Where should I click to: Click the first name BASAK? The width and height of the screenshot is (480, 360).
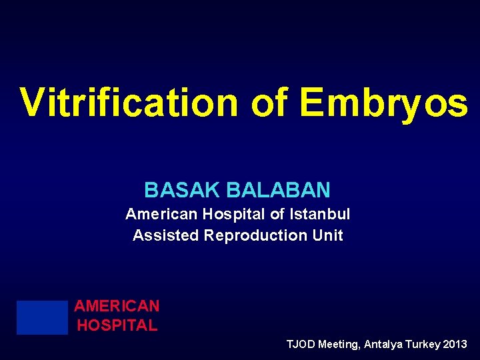pos(183,190)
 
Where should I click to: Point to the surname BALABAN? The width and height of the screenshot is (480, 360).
pos(278,190)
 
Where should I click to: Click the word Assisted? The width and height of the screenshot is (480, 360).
pos(166,235)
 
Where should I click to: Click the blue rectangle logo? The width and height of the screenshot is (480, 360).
pos(43,317)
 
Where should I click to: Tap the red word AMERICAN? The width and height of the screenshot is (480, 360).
pos(117,306)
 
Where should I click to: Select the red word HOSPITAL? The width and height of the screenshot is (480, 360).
pos(117,325)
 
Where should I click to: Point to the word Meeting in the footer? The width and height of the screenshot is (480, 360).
pos(339,345)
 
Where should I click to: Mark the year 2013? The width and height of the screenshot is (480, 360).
pos(455,345)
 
